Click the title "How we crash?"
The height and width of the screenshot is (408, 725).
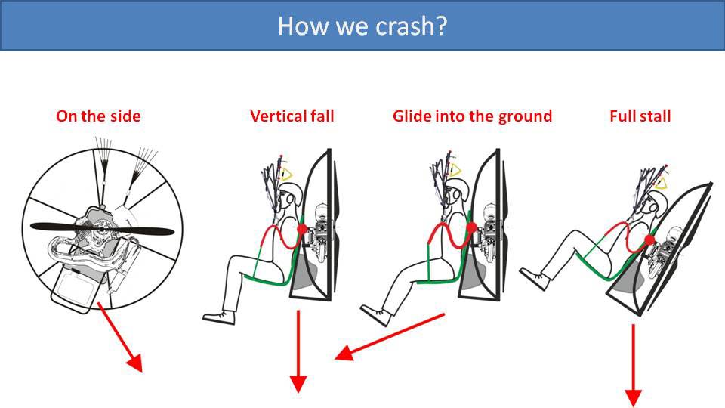362,26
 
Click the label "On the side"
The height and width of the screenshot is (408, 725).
98,116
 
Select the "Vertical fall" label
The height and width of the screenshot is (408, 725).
292,116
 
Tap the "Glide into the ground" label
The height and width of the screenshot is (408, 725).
472,116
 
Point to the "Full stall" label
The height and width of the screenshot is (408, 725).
640,116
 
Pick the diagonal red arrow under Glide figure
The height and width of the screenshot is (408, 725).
390,336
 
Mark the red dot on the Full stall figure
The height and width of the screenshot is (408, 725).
649,240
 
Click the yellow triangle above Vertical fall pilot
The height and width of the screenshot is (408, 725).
288,174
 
